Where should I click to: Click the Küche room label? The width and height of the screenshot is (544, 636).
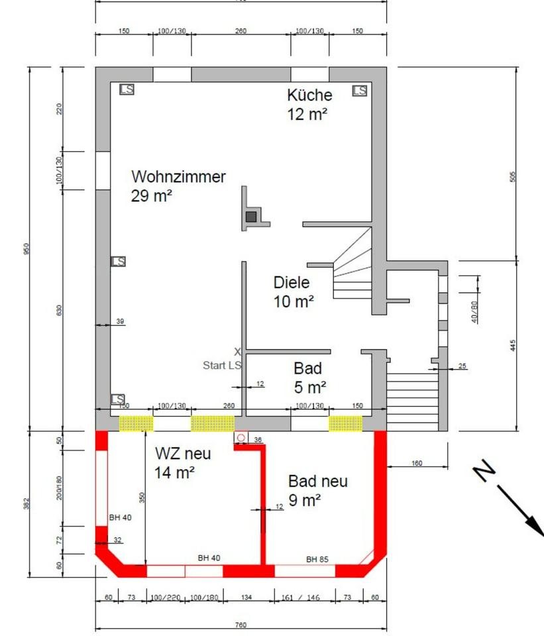pyautogui.click(x=309, y=94)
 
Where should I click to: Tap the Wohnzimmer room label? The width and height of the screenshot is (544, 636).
pyautogui.click(x=178, y=177)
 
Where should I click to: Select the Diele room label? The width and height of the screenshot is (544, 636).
pyautogui.click(x=292, y=283)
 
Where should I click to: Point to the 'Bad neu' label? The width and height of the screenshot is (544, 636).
pyautogui.click(x=317, y=481)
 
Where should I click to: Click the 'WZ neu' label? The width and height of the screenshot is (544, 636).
pyautogui.click(x=183, y=454)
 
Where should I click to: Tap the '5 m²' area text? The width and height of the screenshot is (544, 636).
pyautogui.click(x=311, y=387)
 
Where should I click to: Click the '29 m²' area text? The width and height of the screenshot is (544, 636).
pyautogui.click(x=152, y=196)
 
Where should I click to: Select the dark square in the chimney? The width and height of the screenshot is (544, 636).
pyautogui.click(x=251, y=216)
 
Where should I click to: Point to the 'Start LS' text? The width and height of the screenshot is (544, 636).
pyautogui.click(x=222, y=365)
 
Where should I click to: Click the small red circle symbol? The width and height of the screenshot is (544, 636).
pyautogui.click(x=241, y=438)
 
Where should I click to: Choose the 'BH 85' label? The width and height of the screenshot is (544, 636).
pyautogui.click(x=317, y=559)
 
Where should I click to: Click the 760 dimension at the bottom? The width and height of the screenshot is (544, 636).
pyautogui.click(x=241, y=624)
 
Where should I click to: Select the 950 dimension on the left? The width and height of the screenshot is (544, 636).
pyautogui.click(x=27, y=248)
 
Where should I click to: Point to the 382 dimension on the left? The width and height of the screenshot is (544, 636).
pyautogui.click(x=27, y=503)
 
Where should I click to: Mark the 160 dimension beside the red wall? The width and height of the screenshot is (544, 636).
pyautogui.click(x=416, y=463)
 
